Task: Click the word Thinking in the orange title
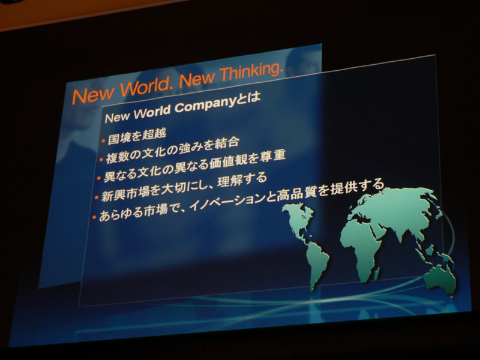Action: [x=250, y=72]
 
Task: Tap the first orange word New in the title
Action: [x=93, y=95]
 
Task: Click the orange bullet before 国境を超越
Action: [x=103, y=141]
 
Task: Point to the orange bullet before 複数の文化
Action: [x=101, y=160]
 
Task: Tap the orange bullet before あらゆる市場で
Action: [x=94, y=217]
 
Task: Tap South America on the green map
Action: [x=317, y=263]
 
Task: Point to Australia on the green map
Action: [x=439, y=278]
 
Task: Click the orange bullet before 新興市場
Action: [x=97, y=198]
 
